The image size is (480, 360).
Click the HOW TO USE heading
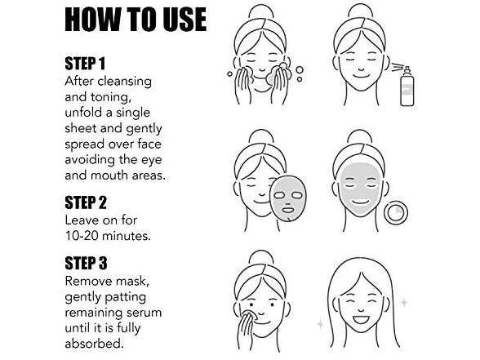136,20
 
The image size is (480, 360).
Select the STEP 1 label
85,64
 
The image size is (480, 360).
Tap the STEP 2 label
86,202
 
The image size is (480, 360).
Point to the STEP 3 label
86,263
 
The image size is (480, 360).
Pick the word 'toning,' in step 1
111,97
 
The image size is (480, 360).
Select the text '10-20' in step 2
82,236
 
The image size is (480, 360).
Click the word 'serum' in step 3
144,313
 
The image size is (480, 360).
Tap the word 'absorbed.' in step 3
95,343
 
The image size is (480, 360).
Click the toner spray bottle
407,87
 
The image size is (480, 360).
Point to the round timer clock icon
396,212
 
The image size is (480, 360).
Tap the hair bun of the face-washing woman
261,11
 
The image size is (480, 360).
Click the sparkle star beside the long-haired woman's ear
404,302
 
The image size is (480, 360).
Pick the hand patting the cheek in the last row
247,325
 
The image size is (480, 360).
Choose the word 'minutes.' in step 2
126,236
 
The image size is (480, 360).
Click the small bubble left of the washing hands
229,73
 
